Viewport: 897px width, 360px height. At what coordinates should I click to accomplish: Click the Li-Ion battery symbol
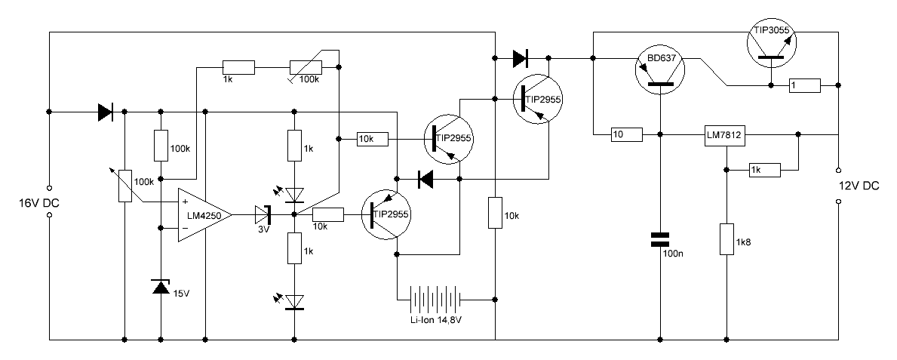coord(435,300)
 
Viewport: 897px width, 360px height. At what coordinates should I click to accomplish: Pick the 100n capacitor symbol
coord(661,240)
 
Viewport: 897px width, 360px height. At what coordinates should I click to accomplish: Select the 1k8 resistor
coord(727,239)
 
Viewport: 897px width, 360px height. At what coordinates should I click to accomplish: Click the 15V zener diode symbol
coord(161,287)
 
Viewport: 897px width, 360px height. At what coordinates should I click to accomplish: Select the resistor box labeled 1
coord(804,85)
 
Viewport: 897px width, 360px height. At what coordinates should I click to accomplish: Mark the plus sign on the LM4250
coord(185,202)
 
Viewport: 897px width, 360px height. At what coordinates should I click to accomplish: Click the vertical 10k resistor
coord(494,213)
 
